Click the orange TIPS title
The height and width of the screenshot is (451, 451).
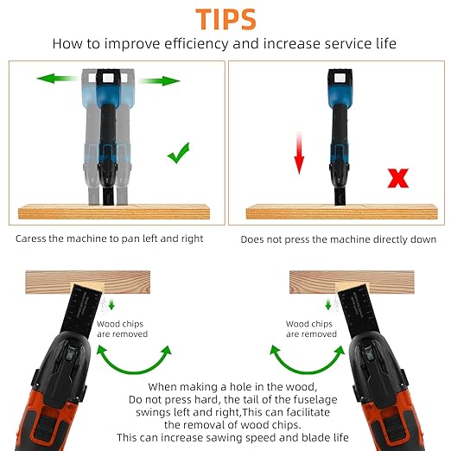click(x=225, y=19)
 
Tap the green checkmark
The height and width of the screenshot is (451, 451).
click(x=179, y=153)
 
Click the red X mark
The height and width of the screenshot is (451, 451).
click(x=398, y=178)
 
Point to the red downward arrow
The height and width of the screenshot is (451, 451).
click(x=299, y=153)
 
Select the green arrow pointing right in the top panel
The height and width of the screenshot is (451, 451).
click(x=159, y=81)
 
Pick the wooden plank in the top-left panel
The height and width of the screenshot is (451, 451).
click(x=114, y=212)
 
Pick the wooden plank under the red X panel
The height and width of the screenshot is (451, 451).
click(x=342, y=212)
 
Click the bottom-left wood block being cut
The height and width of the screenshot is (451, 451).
click(x=88, y=282)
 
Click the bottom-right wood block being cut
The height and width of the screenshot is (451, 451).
click(x=352, y=282)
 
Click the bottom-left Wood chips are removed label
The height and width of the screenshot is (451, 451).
click(x=122, y=329)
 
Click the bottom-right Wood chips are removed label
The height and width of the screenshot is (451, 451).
click(x=311, y=329)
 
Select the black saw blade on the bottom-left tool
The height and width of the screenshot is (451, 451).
click(x=80, y=309)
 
